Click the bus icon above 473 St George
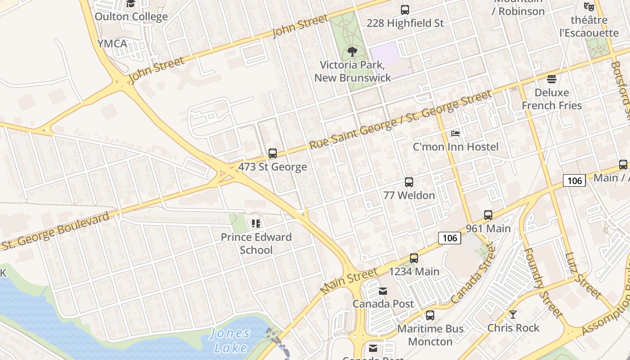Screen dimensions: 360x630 [273, 153]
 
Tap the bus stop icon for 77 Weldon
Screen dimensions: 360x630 [409, 182]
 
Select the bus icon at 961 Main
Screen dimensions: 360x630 [488, 215]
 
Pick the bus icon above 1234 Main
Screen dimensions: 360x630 [414, 258]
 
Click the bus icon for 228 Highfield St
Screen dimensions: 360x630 [405, 9]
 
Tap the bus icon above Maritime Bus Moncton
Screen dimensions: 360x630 [430, 315]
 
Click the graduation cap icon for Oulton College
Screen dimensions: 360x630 [131, 4]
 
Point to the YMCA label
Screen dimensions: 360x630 [112, 44]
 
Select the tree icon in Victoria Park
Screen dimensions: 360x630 [353, 52]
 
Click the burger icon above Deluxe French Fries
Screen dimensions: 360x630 [552, 80]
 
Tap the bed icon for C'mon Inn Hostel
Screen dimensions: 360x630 [455, 134]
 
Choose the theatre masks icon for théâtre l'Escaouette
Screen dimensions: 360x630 [589, 7]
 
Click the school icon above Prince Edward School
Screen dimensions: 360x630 [256, 224]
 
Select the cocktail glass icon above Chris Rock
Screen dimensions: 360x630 [513, 315]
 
